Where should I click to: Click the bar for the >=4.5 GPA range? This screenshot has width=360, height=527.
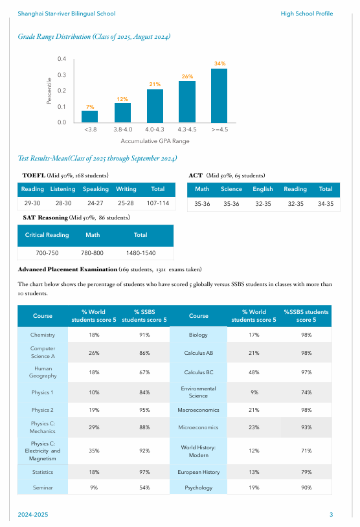[x=219, y=96]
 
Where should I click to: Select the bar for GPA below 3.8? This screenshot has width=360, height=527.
[x=90, y=117]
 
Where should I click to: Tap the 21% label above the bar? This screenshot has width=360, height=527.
[x=155, y=84]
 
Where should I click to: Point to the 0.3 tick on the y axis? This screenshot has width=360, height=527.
[x=62, y=75]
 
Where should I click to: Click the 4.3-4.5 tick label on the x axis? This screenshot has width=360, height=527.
[x=187, y=129]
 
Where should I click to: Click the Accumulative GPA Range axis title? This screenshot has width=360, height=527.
[x=155, y=141]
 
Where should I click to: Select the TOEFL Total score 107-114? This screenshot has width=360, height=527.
[x=158, y=203]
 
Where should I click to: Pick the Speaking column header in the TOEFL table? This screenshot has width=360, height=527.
[x=96, y=189]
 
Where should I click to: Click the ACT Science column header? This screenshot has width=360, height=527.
[x=231, y=189]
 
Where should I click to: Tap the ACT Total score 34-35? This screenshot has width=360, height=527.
[x=326, y=204]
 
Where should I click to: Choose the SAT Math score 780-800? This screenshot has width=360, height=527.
[x=92, y=253]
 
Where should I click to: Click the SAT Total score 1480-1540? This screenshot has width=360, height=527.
[x=141, y=253]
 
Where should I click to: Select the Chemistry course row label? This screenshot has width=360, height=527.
[x=43, y=335]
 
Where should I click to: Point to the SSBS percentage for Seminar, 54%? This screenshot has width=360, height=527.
[x=144, y=488]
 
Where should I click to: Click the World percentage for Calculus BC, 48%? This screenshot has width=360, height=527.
[x=254, y=372]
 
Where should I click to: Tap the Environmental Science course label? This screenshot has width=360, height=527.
[x=198, y=392]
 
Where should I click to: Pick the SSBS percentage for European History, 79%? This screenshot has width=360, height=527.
[x=306, y=472]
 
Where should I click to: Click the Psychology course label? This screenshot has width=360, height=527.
[x=198, y=488]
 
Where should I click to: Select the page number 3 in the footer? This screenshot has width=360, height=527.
[x=331, y=515]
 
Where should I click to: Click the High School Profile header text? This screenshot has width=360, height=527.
[x=307, y=14]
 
